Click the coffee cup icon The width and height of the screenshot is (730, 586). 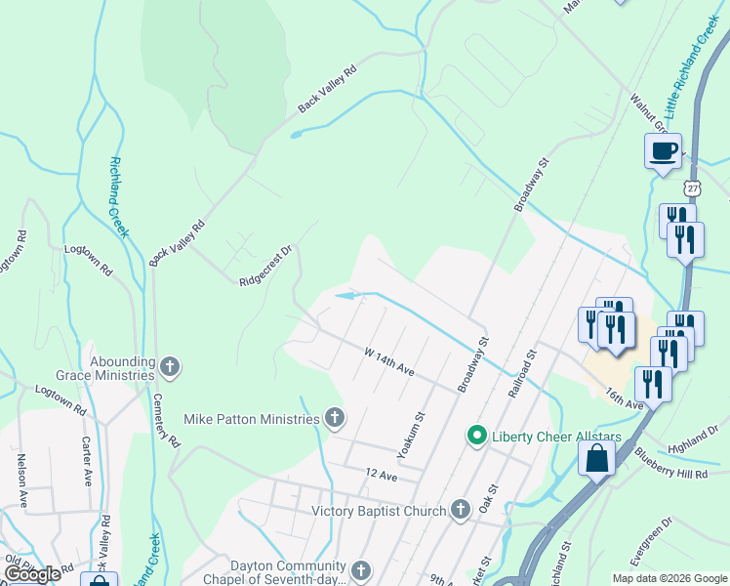663,151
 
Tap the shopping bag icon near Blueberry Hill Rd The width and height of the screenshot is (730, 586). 596,457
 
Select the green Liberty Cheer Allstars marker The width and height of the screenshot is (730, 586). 476,435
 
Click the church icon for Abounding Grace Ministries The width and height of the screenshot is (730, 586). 170,367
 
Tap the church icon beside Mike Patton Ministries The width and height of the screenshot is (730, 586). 335,419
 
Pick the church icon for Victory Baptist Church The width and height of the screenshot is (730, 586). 461,510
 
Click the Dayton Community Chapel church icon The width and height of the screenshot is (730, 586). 361,570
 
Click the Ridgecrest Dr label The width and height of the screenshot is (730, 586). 266,272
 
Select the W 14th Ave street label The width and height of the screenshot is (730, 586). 389,358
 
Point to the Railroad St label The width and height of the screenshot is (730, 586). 523,372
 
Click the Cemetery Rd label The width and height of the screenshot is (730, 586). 166,421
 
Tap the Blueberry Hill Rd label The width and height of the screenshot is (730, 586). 669,462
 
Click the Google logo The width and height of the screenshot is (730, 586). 32,574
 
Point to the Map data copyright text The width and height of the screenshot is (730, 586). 669,578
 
